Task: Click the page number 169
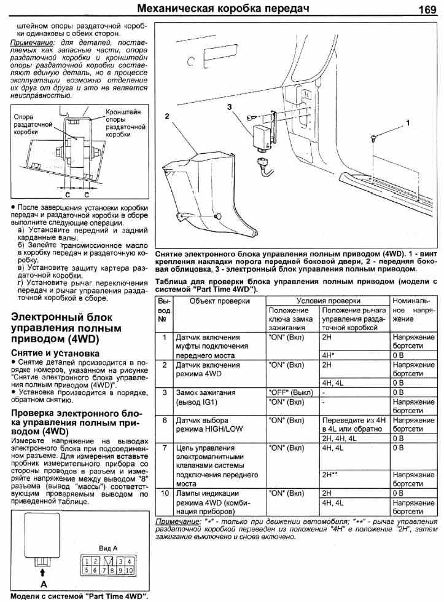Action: tap(426, 9)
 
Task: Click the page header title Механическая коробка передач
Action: tap(222, 9)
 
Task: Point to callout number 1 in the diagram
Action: tap(407, 123)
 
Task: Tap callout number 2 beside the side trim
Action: tap(166, 115)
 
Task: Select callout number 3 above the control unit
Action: tap(229, 106)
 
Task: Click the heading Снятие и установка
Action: tap(55, 354)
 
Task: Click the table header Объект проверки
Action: tap(219, 301)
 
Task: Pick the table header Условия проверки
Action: tap(328, 301)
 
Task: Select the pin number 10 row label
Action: tap(165, 493)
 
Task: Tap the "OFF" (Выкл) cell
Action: tap(290, 392)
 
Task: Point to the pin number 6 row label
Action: tap(165, 420)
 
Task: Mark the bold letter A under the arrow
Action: tap(42, 584)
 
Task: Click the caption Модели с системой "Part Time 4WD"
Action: tap(79, 595)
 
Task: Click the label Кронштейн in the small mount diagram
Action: tap(123, 112)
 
